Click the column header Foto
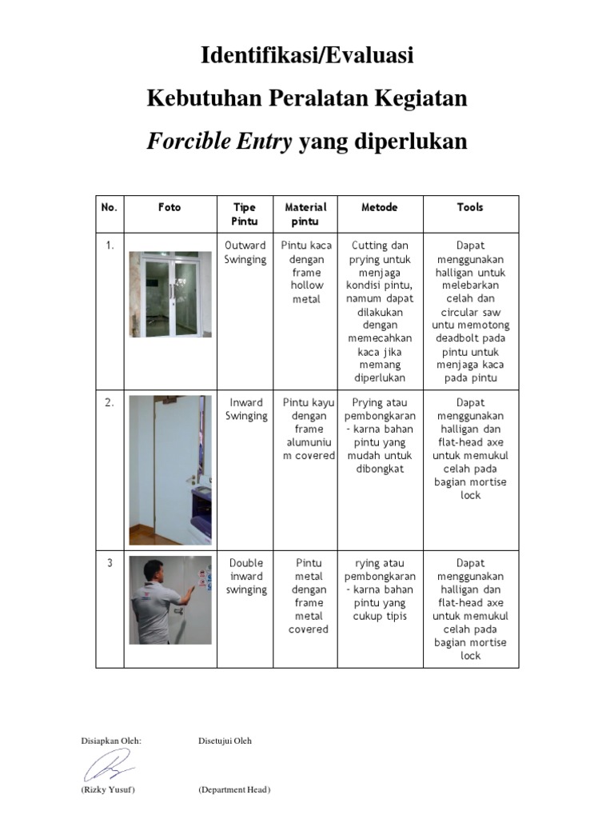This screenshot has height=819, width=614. [x=169, y=207]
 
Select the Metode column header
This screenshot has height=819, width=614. [x=380, y=207]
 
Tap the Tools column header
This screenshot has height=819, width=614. [x=470, y=207]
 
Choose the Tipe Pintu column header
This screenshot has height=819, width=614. [x=245, y=214]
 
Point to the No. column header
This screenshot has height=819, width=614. [x=110, y=207]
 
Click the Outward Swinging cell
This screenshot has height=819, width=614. [x=245, y=253]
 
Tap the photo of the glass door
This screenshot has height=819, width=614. [x=170, y=294]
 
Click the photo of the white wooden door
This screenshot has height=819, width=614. [x=170, y=470]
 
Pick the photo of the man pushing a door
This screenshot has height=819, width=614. [x=170, y=600]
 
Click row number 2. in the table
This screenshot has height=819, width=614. [x=110, y=403]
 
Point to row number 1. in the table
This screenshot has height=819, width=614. [x=110, y=246]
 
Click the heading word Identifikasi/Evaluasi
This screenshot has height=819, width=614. [x=307, y=56]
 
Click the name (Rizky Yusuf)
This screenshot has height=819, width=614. [x=108, y=790]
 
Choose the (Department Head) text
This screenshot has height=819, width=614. [x=234, y=790]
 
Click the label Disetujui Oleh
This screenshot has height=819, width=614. [x=225, y=741]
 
